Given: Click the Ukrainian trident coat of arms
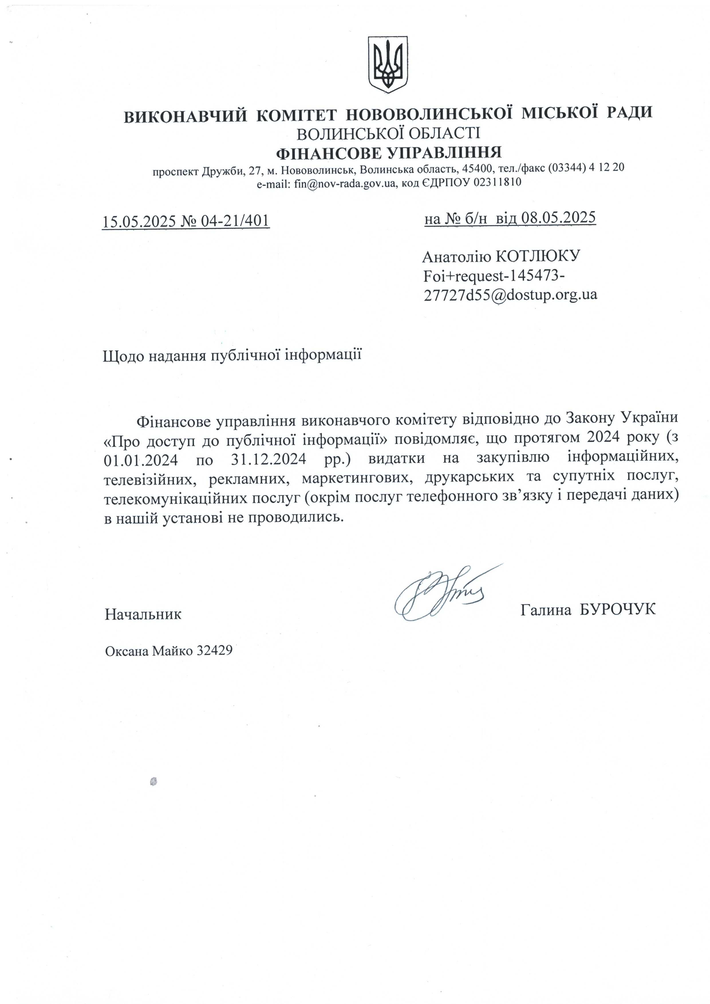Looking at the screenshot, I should (388, 64).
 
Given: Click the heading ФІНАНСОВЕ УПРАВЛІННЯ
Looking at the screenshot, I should (388, 153).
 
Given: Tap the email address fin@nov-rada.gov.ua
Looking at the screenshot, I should (345, 183).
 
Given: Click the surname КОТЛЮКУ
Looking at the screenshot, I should (538, 256).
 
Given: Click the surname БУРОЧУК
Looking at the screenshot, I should (617, 609).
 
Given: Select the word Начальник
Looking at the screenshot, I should (143, 614).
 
